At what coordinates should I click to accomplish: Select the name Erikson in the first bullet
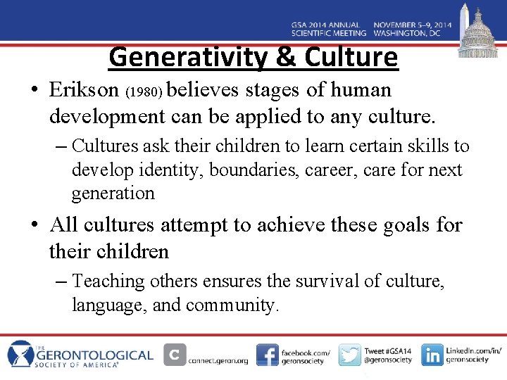[x=84, y=90]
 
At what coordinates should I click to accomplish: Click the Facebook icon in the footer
[x=267, y=355]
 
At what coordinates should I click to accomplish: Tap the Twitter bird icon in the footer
[x=350, y=355]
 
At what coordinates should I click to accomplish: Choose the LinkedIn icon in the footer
[x=432, y=355]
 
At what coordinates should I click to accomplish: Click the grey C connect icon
[x=175, y=354]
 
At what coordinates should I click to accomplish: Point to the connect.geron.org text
[x=218, y=360]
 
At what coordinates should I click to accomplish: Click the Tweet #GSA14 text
[x=388, y=350]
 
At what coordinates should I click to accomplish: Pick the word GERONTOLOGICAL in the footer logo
[x=103, y=354]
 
